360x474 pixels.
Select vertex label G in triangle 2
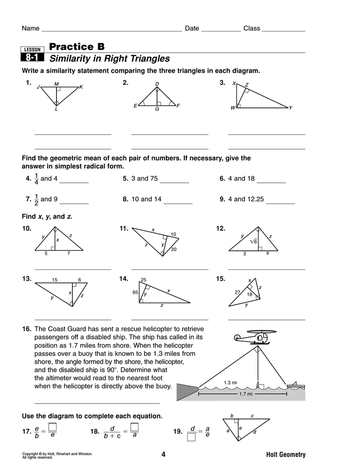(157, 109)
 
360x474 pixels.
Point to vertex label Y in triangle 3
(291, 108)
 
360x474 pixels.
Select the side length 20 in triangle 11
(174, 249)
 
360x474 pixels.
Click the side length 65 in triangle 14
(135, 293)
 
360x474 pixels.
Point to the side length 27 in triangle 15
(237, 293)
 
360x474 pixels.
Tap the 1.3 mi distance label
(230, 382)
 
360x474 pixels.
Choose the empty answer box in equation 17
(53, 427)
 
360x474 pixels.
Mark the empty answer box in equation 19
(191, 436)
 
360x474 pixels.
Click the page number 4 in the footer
(163, 455)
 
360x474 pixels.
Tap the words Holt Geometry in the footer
(286, 455)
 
